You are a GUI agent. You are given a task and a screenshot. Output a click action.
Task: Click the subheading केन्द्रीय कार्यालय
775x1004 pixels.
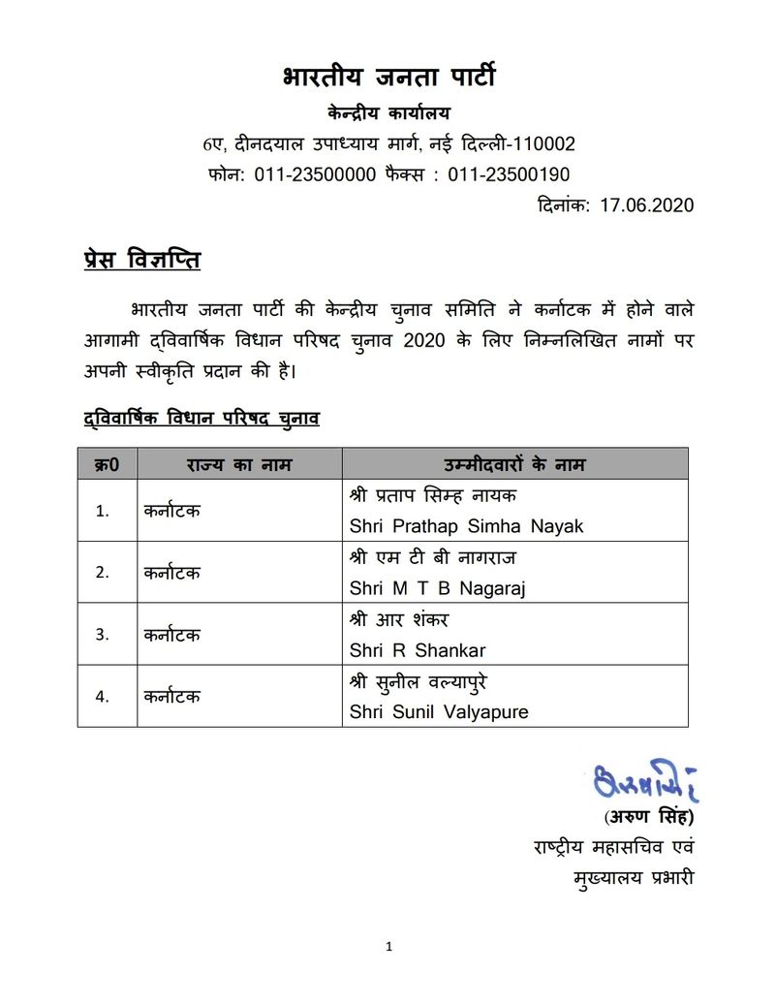point(388,113)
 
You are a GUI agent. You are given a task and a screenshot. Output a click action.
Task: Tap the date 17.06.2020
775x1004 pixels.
point(646,205)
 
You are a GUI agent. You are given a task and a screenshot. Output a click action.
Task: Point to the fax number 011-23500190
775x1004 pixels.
point(508,175)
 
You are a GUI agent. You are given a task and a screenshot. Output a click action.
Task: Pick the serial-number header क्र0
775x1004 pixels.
point(107,464)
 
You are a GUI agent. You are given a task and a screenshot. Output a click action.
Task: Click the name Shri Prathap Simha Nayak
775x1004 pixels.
point(467,526)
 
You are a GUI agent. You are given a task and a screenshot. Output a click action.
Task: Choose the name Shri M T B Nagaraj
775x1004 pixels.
point(437,588)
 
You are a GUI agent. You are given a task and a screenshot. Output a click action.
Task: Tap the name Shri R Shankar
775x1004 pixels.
point(418,650)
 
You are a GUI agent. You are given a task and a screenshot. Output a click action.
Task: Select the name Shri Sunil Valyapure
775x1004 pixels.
point(439,712)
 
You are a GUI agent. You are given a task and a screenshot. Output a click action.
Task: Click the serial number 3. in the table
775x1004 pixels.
point(102,635)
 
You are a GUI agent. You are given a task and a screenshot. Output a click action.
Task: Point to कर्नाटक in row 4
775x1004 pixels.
point(171,697)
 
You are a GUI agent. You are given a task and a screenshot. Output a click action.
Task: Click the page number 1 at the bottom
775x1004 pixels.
point(388,948)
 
